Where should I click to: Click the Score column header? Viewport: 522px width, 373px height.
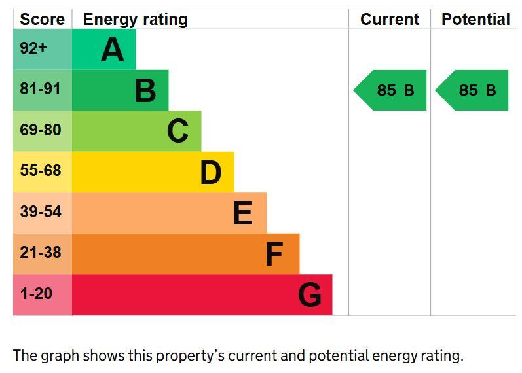click(x=43, y=19)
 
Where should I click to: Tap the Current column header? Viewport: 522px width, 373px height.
click(x=390, y=19)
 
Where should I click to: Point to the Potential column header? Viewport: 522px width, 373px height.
click(x=475, y=19)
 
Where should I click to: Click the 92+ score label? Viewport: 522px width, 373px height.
click(x=33, y=48)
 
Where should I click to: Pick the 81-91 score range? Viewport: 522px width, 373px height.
click(x=41, y=89)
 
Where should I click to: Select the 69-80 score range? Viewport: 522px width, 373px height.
click(x=41, y=130)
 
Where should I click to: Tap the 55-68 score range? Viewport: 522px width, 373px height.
click(x=41, y=170)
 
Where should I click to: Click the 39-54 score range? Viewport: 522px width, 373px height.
click(x=41, y=211)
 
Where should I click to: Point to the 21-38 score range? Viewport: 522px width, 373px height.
click(x=41, y=252)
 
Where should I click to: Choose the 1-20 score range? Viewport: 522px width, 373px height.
click(x=36, y=293)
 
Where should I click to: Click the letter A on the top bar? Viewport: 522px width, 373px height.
click(x=113, y=50)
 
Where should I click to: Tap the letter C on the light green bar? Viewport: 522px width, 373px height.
click(x=177, y=131)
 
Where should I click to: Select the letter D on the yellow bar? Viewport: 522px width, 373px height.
click(x=211, y=172)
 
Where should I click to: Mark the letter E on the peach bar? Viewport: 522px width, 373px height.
click(x=243, y=213)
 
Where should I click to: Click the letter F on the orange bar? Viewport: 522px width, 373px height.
click(x=274, y=254)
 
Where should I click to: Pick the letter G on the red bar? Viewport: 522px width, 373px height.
click(x=310, y=294)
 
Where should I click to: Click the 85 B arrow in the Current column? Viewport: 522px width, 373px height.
click(x=390, y=90)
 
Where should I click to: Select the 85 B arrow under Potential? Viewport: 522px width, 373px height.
click(x=472, y=90)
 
